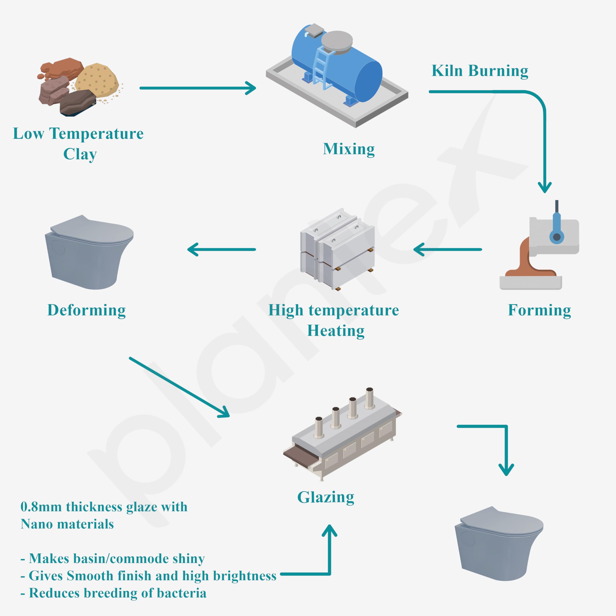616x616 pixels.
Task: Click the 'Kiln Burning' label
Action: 480,71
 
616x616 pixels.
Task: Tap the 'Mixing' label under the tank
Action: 349,149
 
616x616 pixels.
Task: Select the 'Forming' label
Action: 539,310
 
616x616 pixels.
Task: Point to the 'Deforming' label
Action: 86,310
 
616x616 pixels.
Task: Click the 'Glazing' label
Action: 326,497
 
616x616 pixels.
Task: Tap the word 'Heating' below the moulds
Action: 336,331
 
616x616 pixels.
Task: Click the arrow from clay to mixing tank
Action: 198,88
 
